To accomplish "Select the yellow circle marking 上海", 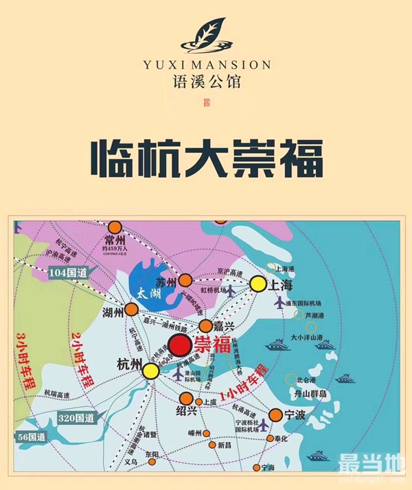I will coord(258,283).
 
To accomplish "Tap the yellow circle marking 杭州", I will coord(151,371).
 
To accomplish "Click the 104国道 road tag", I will coord(69,272).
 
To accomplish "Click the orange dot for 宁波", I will coord(276,415).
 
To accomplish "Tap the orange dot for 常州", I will coord(115,227).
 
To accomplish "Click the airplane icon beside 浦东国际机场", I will coord(279,302).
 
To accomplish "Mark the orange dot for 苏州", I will coord(185,280).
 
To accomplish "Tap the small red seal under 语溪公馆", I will coord(207,104).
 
